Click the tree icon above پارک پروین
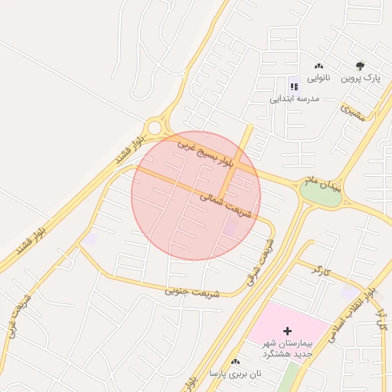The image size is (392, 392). click(x=360, y=67)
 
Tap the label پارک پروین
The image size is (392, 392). click(x=360, y=78)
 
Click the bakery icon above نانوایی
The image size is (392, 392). click(x=319, y=67)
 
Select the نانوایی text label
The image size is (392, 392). click(x=319, y=78)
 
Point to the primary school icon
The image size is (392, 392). click(x=293, y=87)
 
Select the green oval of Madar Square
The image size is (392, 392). click(x=321, y=195)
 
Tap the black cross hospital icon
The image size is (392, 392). click(x=287, y=332)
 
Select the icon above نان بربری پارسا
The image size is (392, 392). click(x=235, y=361)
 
